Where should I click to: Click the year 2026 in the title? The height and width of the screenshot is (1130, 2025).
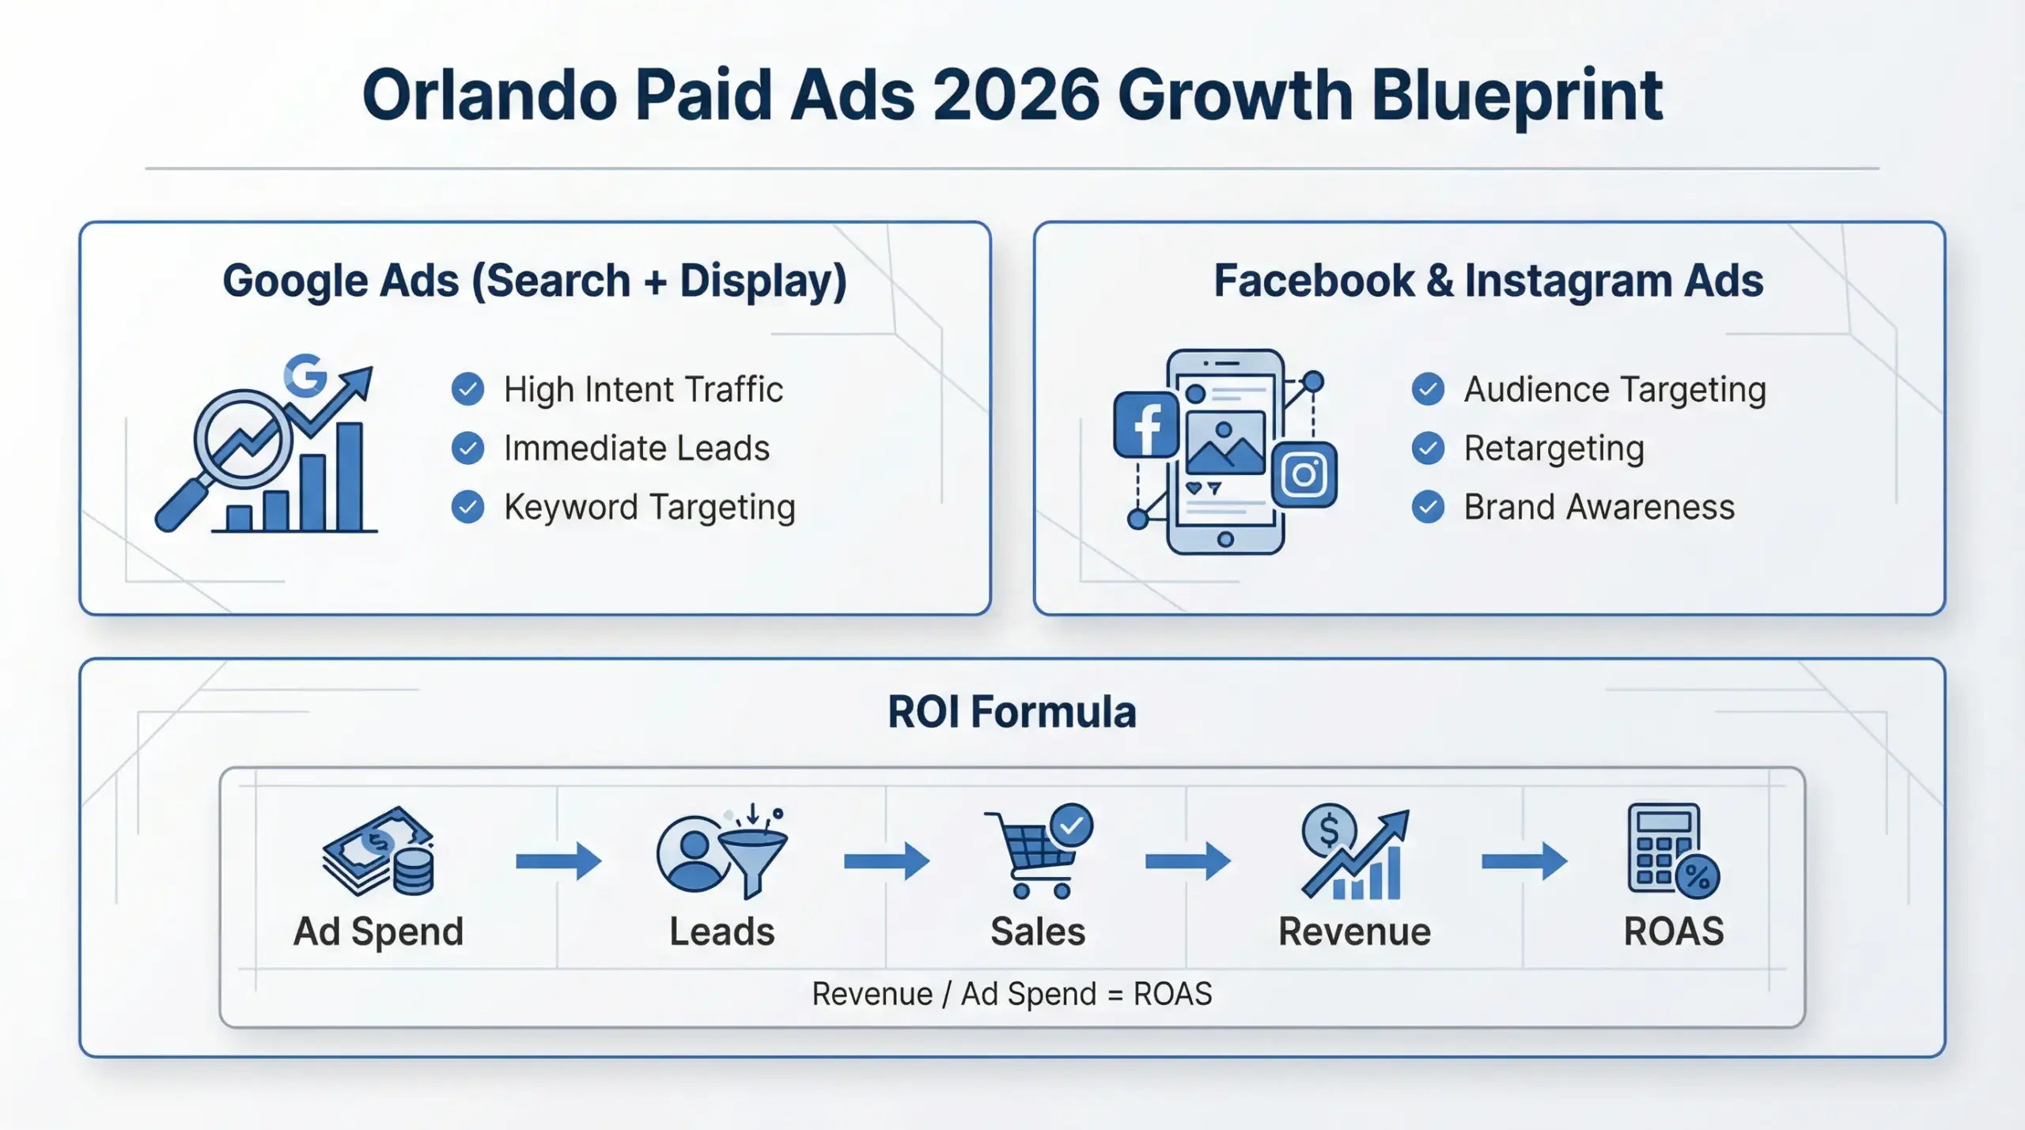point(1016,95)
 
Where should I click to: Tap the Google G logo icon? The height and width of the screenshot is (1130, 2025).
point(305,376)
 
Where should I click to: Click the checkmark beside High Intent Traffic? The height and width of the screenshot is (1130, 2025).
point(467,389)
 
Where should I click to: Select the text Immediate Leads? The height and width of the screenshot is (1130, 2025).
point(636,448)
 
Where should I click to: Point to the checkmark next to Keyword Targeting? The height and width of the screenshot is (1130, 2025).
point(467,507)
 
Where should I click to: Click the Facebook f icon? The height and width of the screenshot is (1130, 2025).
point(1145,425)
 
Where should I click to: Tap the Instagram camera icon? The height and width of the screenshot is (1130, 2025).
point(1304,474)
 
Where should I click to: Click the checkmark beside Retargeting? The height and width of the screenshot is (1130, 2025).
point(1428,448)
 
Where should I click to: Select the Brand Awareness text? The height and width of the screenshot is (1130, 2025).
point(1599,507)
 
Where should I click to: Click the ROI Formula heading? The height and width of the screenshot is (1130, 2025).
point(1012,712)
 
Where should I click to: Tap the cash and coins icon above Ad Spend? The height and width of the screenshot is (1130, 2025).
point(378,852)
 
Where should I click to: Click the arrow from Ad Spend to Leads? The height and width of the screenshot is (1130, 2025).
point(558,861)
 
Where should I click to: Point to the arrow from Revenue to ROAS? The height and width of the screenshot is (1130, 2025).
point(1523,861)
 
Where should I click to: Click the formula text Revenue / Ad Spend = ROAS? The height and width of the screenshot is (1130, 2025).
point(1012,994)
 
